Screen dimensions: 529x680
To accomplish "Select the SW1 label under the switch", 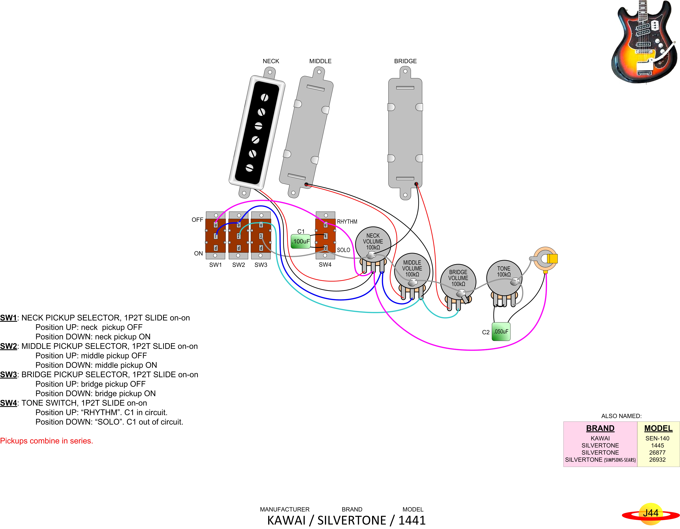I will [x=215, y=265].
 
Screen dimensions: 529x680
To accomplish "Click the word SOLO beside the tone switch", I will [x=343, y=250].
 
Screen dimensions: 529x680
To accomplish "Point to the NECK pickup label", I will [x=271, y=61].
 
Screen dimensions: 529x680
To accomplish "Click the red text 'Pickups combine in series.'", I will [x=47, y=441].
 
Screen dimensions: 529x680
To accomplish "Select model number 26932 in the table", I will [x=657, y=460].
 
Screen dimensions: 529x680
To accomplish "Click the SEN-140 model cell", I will [x=657, y=438].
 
